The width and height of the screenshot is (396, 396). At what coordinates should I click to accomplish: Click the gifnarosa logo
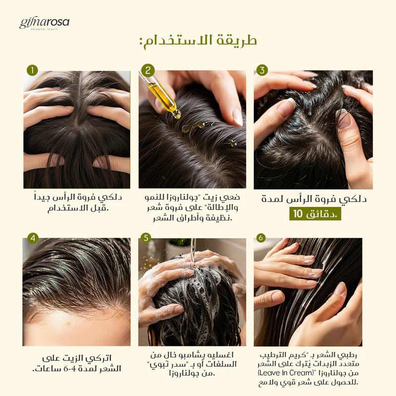click(44, 23)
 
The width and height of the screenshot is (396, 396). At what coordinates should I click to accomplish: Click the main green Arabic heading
click(198, 42)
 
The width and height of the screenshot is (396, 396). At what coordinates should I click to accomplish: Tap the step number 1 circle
click(32, 70)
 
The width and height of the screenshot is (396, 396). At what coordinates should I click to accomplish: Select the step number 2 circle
click(148, 70)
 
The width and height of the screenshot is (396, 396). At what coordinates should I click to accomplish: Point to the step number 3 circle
click(262, 70)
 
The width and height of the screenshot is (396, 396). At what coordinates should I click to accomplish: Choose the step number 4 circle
click(33, 238)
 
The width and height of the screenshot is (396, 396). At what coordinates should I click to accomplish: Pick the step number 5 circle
click(146, 238)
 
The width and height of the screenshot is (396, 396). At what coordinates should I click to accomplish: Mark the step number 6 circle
click(261, 238)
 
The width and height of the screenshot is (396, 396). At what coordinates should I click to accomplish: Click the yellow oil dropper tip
click(177, 115)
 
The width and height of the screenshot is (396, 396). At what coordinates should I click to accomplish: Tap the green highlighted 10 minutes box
click(315, 214)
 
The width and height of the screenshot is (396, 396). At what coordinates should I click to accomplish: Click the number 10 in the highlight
click(298, 214)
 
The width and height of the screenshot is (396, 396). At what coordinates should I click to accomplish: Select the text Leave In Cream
click(286, 373)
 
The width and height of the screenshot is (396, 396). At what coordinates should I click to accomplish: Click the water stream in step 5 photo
click(193, 252)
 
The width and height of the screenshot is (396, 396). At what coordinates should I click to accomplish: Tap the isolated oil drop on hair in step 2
click(233, 144)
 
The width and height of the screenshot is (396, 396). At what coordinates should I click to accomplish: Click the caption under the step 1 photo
click(78, 203)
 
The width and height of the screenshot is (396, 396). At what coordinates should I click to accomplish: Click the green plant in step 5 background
click(180, 242)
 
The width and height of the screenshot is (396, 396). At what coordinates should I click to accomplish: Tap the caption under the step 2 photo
click(192, 207)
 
